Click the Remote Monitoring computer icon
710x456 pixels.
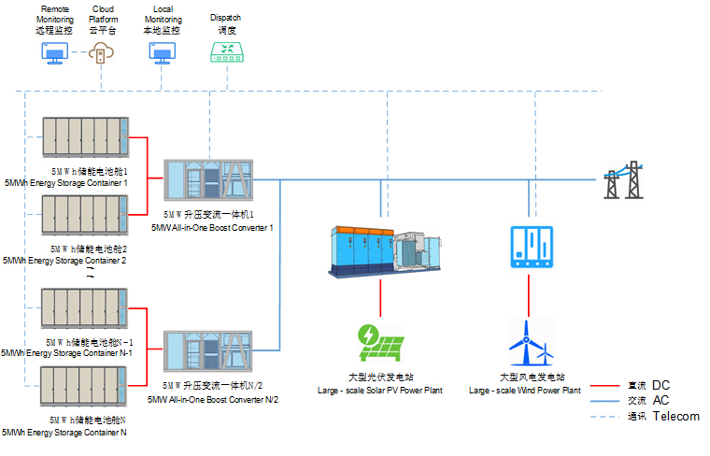(x=52, y=53)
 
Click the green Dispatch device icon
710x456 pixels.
(x=225, y=54)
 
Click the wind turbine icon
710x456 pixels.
(x=530, y=343)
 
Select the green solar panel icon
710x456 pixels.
(x=379, y=343)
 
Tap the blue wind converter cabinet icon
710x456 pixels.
(x=530, y=247)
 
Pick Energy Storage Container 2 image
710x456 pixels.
(x=84, y=215)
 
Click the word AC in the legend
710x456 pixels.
(x=660, y=400)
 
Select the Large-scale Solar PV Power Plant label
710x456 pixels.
(x=380, y=390)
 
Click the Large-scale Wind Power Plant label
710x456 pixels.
(x=524, y=390)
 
